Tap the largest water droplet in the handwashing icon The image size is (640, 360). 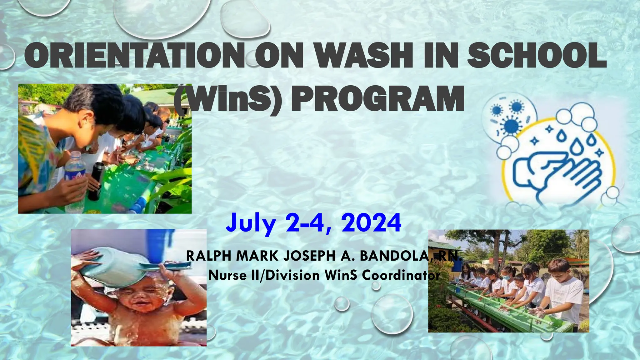[577, 147]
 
